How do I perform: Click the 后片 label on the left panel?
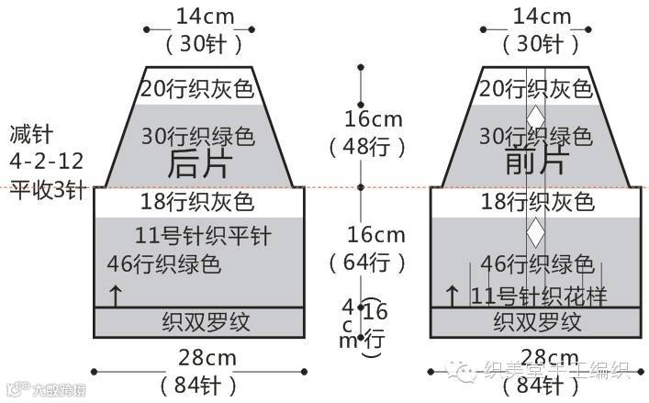click(x=198, y=162)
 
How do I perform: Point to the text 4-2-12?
click(x=47, y=162)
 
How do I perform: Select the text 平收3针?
click(x=47, y=190)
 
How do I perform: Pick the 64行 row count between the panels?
click(x=366, y=262)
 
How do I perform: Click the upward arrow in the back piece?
click(x=116, y=296)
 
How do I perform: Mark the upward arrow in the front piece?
click(x=452, y=296)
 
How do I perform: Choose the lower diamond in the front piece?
click(x=535, y=232)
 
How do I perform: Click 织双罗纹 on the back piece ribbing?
click(x=199, y=322)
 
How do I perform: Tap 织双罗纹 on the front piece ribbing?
click(x=537, y=322)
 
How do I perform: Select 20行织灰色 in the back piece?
click(x=198, y=89)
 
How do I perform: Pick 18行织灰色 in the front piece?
click(x=537, y=201)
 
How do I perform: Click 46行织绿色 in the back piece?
click(x=164, y=265)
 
